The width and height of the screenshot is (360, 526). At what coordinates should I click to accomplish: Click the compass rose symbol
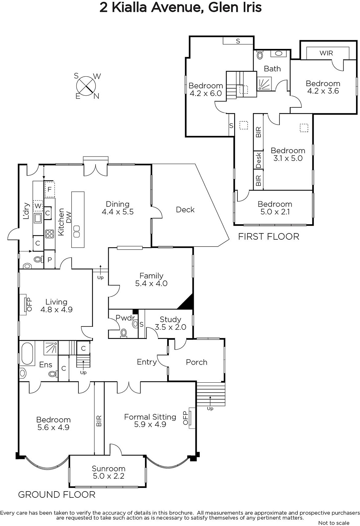click(x=86, y=86)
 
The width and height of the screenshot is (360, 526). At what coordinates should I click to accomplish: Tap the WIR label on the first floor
click(x=326, y=53)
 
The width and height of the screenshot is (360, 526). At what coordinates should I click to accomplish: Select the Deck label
click(x=185, y=209)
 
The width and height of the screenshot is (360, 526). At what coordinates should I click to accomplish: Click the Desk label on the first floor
click(x=258, y=160)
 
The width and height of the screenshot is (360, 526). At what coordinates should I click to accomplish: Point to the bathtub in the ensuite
click(x=27, y=354)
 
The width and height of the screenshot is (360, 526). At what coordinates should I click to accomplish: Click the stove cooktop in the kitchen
click(x=50, y=234)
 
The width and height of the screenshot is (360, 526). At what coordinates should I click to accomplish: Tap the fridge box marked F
click(x=50, y=189)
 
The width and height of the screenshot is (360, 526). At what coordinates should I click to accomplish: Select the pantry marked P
click(x=50, y=259)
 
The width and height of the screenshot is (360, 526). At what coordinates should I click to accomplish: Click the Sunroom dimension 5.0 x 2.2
click(x=108, y=476)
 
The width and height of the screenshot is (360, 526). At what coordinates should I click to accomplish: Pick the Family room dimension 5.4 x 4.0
click(x=151, y=283)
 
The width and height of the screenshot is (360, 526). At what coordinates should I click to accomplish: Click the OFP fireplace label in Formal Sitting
click(x=185, y=418)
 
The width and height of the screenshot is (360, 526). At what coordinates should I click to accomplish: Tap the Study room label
click(x=170, y=319)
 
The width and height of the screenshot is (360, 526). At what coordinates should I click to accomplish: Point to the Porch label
click(x=196, y=362)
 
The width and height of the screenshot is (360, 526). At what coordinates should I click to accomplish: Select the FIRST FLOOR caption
click(x=269, y=236)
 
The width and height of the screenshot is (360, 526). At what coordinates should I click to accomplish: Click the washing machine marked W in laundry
click(x=38, y=206)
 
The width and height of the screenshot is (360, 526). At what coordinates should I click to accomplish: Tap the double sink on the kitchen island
click(x=77, y=231)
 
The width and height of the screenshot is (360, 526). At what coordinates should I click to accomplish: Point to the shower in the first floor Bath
click(x=264, y=84)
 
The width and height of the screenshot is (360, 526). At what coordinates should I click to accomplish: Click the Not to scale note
click(x=334, y=523)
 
